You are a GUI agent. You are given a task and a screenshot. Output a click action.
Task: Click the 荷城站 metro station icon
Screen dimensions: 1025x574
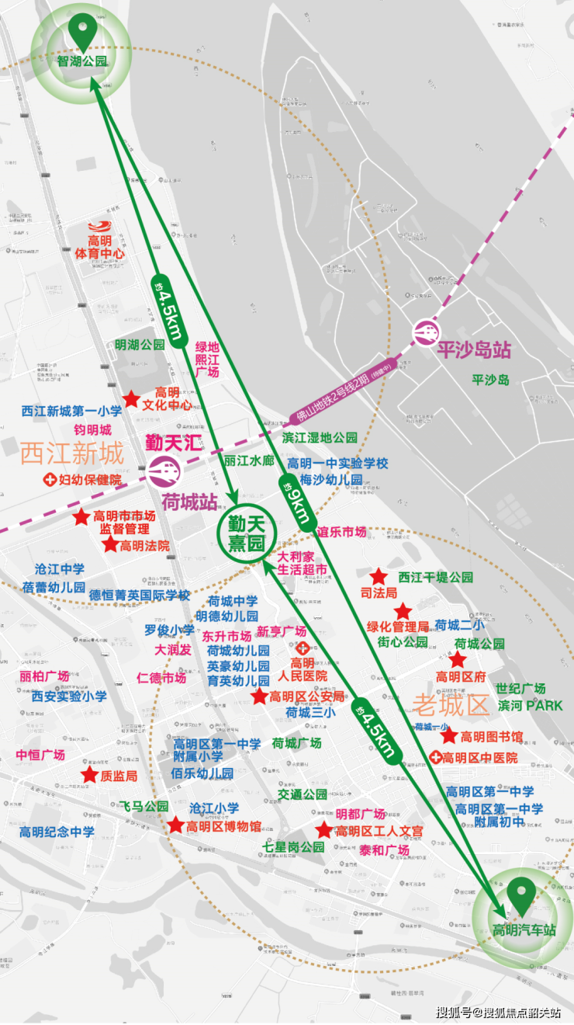pos(163,470)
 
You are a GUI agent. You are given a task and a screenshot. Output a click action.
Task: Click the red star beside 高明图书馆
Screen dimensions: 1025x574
pos(449,735)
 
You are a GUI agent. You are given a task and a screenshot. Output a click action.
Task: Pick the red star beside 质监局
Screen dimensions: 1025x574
pos(89,775)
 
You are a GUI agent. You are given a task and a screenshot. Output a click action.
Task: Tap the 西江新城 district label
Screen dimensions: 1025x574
pos(71,453)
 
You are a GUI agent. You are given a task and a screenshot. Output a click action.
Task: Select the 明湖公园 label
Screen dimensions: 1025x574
pos(140,344)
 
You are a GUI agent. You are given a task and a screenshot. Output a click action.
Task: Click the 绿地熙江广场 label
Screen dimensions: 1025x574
pos(207,360)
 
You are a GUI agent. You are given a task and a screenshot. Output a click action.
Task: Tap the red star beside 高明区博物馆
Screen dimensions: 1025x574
pos(176,825)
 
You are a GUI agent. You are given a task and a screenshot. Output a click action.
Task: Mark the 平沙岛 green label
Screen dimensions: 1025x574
pos(490,380)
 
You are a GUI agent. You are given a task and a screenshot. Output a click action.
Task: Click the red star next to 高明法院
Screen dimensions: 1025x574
pos(110,545)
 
